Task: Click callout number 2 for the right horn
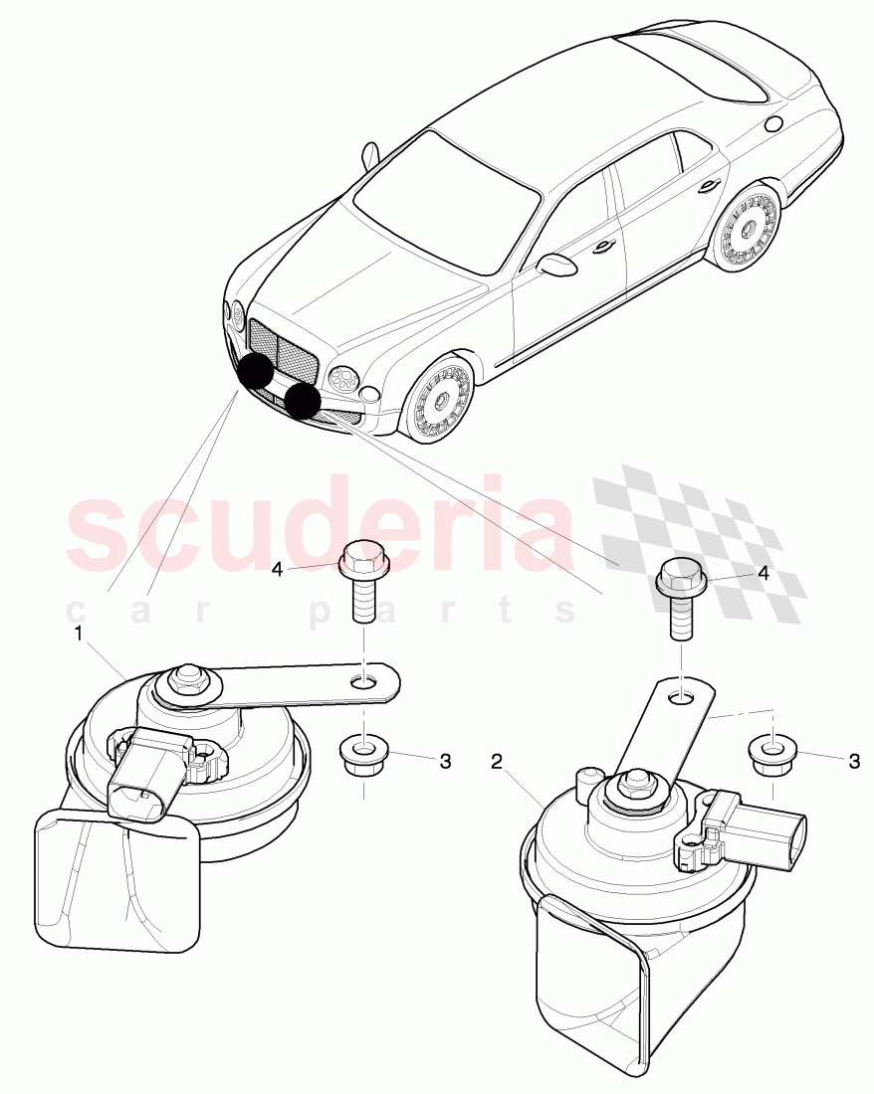[x=497, y=761]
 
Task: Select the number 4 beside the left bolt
[x=278, y=570]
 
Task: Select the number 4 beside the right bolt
[x=764, y=574]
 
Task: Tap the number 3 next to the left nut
[x=445, y=761]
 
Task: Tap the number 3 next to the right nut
[x=854, y=761]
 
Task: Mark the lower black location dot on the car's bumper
[x=303, y=401]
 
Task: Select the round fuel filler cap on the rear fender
[x=774, y=123]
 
